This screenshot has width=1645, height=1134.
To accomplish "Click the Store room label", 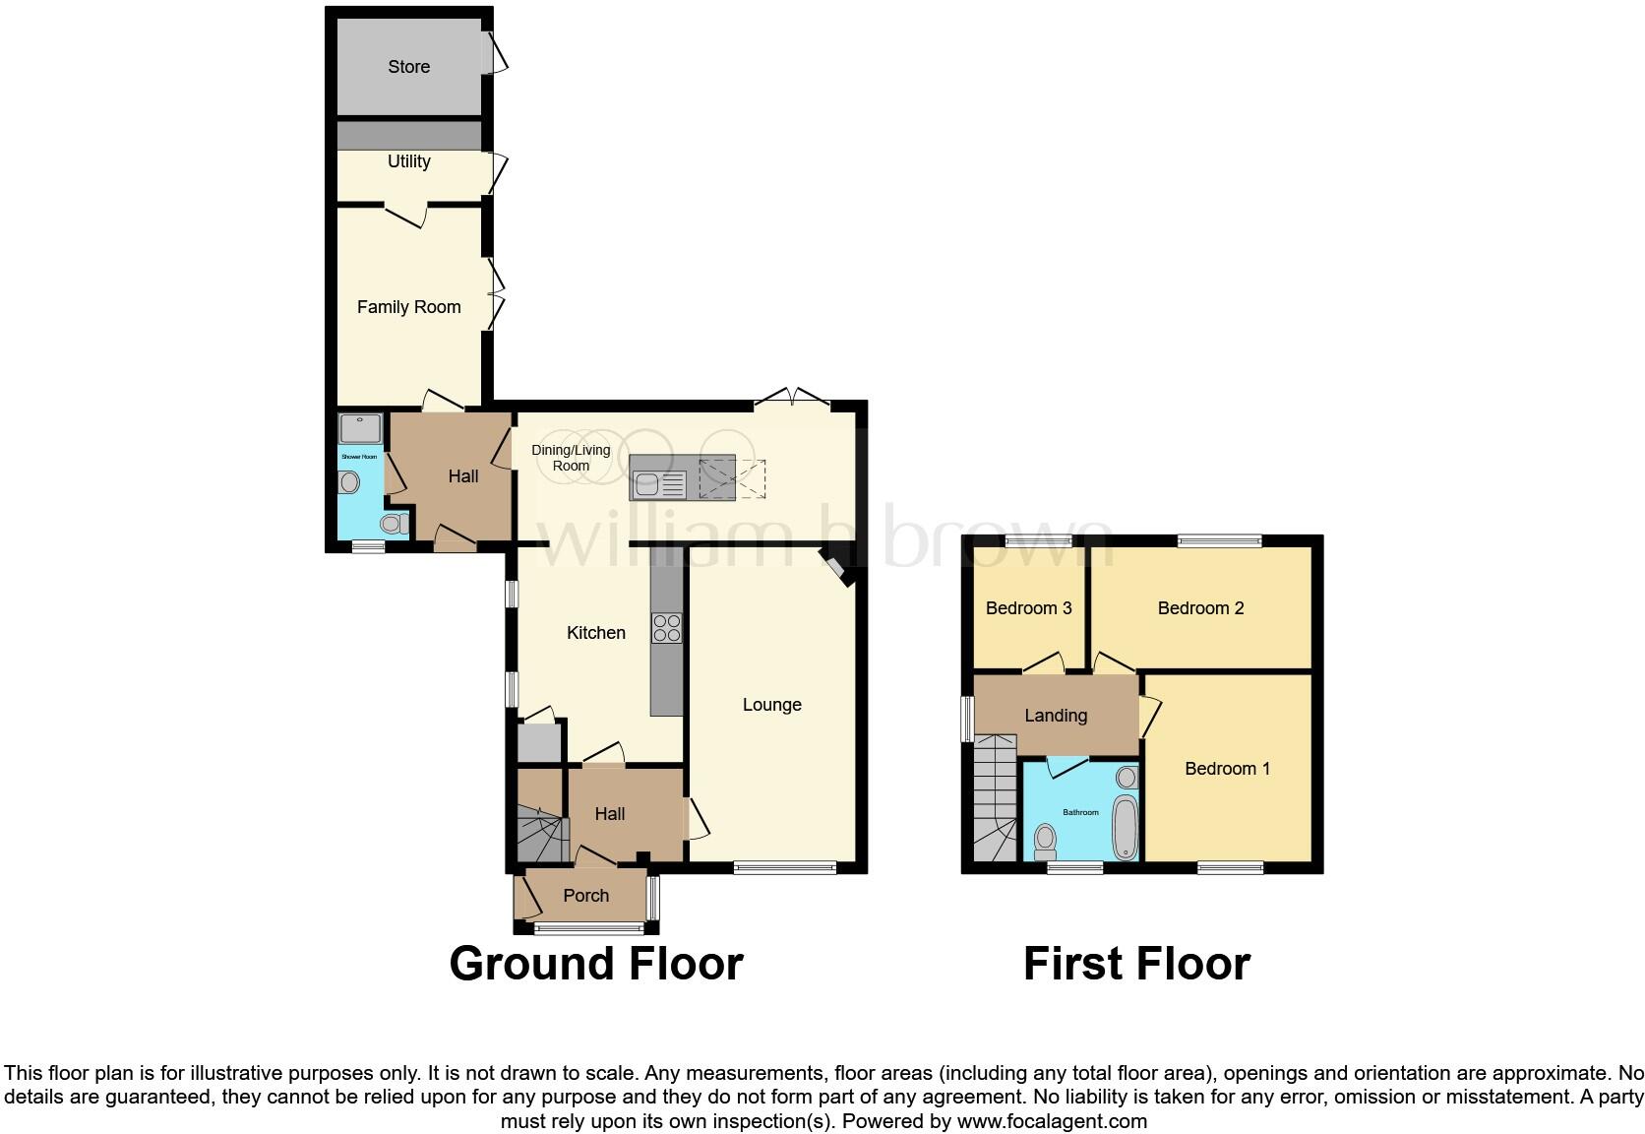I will (x=408, y=67).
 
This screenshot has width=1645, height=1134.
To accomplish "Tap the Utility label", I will (x=408, y=161).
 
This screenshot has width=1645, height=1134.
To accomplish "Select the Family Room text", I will (x=408, y=307).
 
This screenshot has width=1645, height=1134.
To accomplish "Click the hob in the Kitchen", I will (x=666, y=628).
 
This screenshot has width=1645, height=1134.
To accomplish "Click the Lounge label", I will (x=771, y=705).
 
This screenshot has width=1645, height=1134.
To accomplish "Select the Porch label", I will (x=585, y=896).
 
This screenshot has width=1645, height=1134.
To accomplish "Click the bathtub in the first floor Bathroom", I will (x=1125, y=828).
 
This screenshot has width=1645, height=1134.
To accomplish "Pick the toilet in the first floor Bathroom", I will (x=1045, y=841).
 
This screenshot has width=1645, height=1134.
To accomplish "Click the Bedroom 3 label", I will (x=1028, y=608).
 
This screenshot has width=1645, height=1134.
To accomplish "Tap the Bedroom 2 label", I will (x=1200, y=608).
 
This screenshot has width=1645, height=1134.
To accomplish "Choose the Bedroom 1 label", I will (x=1227, y=769).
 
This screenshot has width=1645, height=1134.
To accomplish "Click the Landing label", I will (x=1056, y=716).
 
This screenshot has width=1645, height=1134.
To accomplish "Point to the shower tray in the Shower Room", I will (x=360, y=428).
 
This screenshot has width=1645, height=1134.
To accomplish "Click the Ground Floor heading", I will (x=595, y=963).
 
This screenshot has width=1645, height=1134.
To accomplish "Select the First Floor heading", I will (x=1136, y=963).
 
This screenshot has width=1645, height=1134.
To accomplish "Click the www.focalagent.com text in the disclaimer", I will (x=1051, y=1121).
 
